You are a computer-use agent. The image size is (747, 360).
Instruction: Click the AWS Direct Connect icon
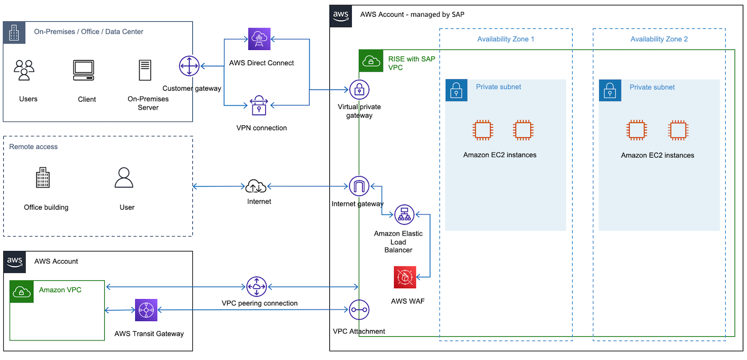259,39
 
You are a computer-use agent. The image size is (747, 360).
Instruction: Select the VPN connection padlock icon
259,105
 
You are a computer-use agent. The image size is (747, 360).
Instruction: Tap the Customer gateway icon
189,66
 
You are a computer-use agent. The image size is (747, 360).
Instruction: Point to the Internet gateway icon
359,186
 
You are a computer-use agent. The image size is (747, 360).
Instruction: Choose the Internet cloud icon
256,186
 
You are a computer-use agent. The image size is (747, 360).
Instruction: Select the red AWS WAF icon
405,277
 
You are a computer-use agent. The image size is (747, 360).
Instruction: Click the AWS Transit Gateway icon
146,310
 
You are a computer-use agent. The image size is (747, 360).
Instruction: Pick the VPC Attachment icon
359,310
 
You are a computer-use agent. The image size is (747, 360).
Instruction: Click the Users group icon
24,70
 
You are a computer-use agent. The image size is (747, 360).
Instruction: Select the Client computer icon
84,70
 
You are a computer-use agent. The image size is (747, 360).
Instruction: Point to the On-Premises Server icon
145,70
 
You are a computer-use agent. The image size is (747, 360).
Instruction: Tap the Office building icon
43,178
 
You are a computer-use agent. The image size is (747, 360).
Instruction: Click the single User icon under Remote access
124,178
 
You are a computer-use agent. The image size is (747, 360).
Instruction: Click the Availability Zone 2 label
659,39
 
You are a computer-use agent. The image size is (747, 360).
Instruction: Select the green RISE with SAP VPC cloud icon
371,61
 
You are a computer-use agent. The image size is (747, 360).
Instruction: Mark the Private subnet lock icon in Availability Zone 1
456,90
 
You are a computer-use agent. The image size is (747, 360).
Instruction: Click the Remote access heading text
34,147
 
